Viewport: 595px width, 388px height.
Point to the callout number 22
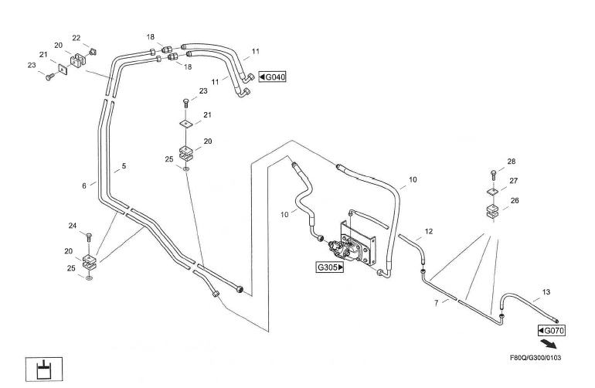click(x=76, y=37)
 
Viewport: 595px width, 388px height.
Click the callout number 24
click(x=73, y=226)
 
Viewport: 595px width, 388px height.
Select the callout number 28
click(x=511, y=163)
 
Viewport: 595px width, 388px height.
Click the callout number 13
click(x=546, y=292)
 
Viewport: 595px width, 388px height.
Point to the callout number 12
click(x=429, y=231)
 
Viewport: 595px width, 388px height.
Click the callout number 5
click(x=124, y=166)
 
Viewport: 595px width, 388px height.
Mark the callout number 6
click(x=83, y=185)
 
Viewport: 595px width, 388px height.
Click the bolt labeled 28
click(x=492, y=173)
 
